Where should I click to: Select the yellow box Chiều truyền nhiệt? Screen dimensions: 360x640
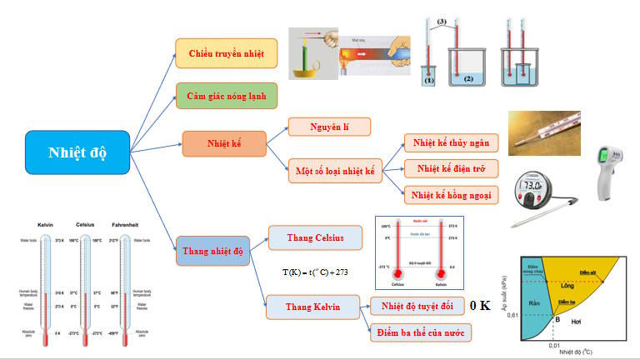pyautogui.click(x=226, y=54)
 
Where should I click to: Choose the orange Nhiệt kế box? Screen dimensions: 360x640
pyautogui.click(x=224, y=143)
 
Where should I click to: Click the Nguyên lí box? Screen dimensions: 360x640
pyautogui.click(x=328, y=127)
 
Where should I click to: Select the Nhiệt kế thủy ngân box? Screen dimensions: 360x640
pyautogui.click(x=450, y=143)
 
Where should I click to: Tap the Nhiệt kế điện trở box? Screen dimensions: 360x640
pyautogui.click(x=450, y=168)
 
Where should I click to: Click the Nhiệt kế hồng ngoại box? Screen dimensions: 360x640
pyautogui.click(x=450, y=195)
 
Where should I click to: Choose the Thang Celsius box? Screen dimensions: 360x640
pyautogui.click(x=316, y=237)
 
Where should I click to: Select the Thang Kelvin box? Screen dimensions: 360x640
pyautogui.click(x=313, y=307)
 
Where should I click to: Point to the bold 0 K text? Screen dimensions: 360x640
pyautogui.click(x=479, y=306)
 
